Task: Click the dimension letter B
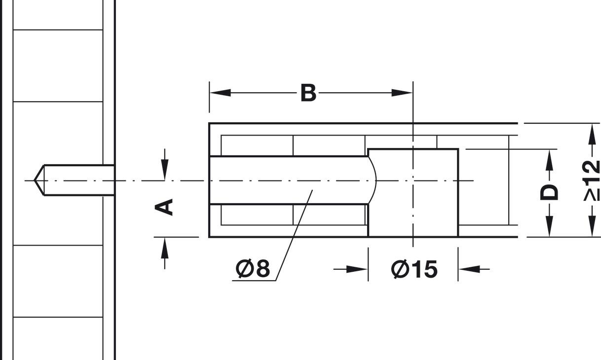click(308, 93)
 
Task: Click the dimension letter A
click(165, 207)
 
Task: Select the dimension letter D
click(549, 192)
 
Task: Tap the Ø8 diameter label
click(253, 269)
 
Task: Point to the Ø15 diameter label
click(414, 269)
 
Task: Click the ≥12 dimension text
click(591, 180)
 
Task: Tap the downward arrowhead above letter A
click(165, 170)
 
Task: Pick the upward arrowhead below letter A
click(165, 248)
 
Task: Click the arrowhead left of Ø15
click(357, 269)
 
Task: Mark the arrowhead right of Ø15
click(469, 269)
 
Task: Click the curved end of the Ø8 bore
click(375, 180)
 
